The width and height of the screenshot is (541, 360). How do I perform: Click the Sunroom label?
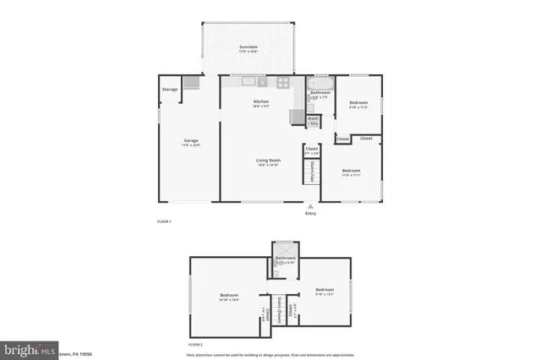[x=248, y=46]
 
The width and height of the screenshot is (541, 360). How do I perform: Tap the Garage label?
[x=192, y=141]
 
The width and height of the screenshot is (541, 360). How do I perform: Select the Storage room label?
[x=170, y=89]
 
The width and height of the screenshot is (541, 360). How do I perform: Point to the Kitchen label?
[x=261, y=101]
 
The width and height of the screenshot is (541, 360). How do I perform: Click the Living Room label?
[x=270, y=160]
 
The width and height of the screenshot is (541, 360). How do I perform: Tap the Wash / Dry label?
[x=313, y=121]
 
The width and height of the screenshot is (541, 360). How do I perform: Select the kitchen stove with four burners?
[x=283, y=82]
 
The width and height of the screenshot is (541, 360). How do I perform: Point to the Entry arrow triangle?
[x=311, y=205]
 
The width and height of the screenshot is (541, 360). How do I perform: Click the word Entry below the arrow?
[x=311, y=214]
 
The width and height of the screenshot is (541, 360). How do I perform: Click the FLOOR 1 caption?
[x=164, y=221]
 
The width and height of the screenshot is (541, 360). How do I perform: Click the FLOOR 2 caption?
[x=195, y=345]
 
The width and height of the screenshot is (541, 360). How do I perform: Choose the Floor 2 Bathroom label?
[x=286, y=258]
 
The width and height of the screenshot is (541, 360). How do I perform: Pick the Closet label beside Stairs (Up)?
[x=311, y=150]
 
